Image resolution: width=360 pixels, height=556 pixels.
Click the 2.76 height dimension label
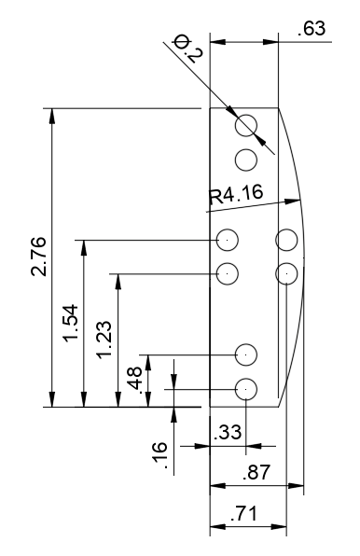[x=38, y=257]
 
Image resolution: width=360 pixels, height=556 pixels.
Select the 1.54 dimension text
[x=71, y=323]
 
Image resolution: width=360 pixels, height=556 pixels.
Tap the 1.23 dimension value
[x=104, y=341]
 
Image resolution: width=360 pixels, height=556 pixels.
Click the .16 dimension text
[x=159, y=455]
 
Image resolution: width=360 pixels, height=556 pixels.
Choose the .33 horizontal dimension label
[x=228, y=433]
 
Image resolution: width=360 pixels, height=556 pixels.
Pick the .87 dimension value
[x=256, y=473]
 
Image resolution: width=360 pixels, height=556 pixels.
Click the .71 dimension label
[x=243, y=513]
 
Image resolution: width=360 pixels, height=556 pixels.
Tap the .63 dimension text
[x=312, y=29]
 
